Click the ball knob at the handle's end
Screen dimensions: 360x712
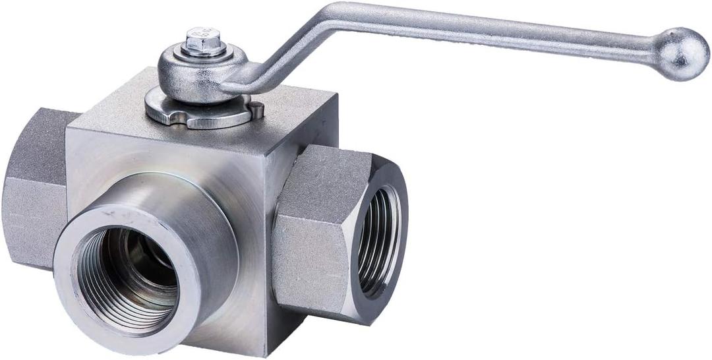click(x=682, y=53)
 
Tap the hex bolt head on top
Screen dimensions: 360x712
click(x=204, y=41)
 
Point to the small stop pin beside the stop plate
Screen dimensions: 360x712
click(x=256, y=109)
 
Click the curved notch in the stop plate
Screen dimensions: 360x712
click(x=170, y=119)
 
